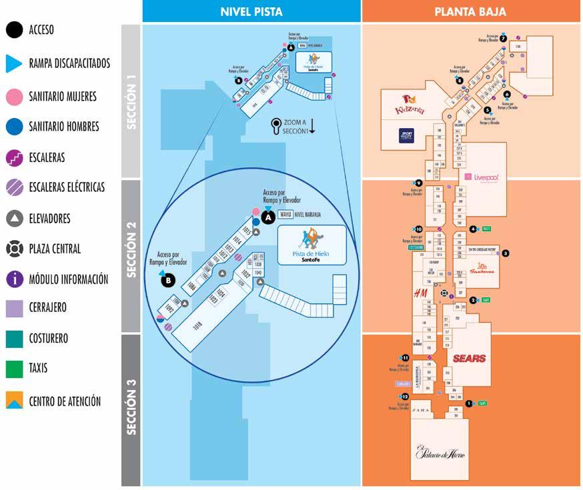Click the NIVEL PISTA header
coord(251,11)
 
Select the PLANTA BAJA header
coord(470,11)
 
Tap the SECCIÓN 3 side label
coord(131,407)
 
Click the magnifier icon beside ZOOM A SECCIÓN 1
coord(275,125)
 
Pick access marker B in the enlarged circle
coord(169,281)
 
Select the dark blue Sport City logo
coord(407,135)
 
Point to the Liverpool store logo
coord(486,177)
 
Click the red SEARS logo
coord(469,358)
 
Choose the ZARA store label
coord(420,410)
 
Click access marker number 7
coord(504,38)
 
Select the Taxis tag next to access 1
coord(482,403)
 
